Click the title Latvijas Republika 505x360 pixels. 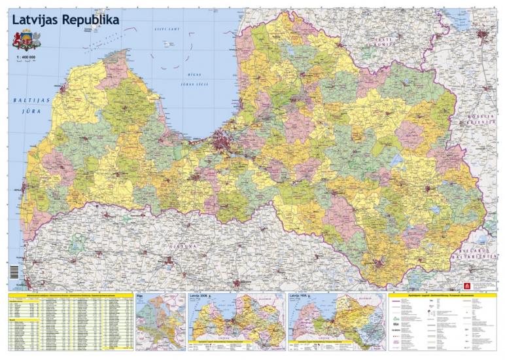[65, 20]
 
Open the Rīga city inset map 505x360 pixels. [160, 322]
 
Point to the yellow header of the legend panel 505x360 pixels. [444, 296]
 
